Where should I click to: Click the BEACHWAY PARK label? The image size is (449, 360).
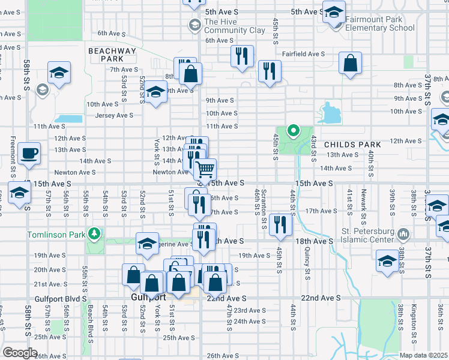pyautogui.click(x=112, y=55)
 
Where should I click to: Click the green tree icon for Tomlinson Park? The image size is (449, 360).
pyautogui.click(x=93, y=233)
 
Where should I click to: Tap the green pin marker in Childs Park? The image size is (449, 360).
pyautogui.click(x=293, y=130)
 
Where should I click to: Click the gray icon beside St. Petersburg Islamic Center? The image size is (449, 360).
pyautogui.click(x=403, y=233)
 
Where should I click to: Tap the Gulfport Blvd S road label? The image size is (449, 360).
pyautogui.click(x=60, y=298)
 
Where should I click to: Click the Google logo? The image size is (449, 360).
pyautogui.click(x=20, y=353)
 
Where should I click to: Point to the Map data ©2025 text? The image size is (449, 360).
pyautogui.click(x=423, y=355)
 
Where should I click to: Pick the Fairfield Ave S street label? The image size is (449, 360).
pyautogui.click(x=304, y=53)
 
